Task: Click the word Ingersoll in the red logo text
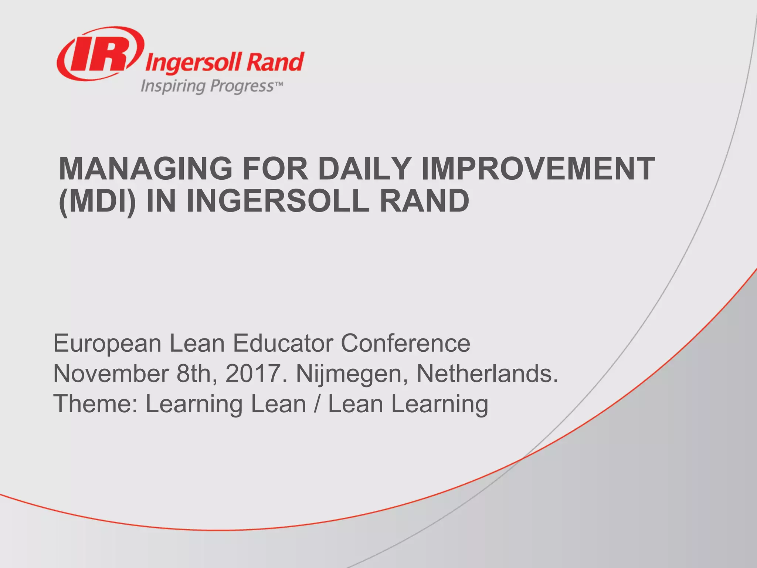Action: click(x=194, y=63)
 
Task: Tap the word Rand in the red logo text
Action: click(x=275, y=62)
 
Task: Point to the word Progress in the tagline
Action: click(x=242, y=86)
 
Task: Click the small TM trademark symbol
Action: click(x=279, y=84)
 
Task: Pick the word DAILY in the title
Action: click(x=364, y=169)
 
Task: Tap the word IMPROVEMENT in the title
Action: click(x=538, y=169)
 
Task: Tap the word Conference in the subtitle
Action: click(x=405, y=343)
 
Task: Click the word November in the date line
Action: click(x=111, y=373)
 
